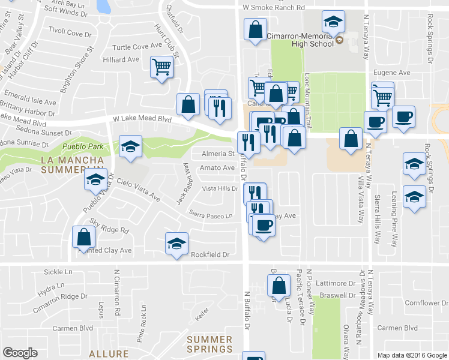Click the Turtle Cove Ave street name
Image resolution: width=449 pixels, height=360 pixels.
[139, 46]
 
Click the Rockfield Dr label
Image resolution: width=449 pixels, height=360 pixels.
[210, 254]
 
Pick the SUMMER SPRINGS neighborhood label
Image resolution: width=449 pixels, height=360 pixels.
[209, 344]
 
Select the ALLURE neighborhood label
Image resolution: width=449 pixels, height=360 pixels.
[109, 354]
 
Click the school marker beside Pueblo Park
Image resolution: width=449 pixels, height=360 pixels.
[130, 146]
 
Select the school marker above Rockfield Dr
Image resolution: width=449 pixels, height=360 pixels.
[176, 244]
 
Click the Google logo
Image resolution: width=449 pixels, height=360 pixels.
[20, 353]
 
